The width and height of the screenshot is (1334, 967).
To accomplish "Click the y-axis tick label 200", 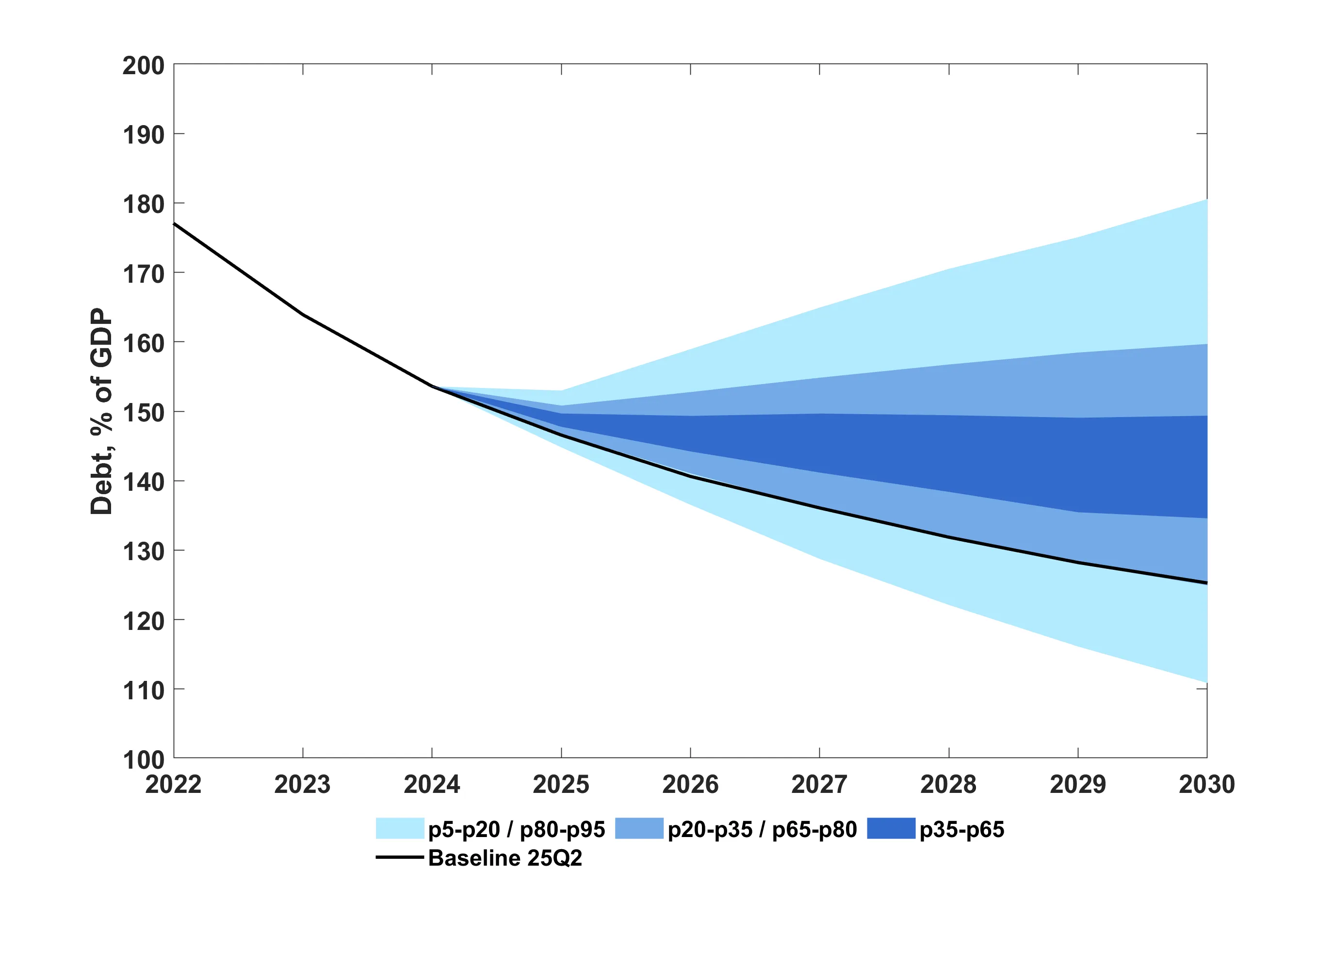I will point(143,66).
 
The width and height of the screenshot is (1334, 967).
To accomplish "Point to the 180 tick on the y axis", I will point(143,205).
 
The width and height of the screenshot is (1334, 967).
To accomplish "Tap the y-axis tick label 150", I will point(143,413).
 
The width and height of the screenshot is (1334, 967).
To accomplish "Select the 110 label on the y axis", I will point(143,690).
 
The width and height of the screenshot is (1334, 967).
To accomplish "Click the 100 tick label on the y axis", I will point(143,759).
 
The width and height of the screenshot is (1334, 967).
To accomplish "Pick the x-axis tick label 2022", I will point(174,784).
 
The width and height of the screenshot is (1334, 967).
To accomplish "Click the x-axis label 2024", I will point(432,784).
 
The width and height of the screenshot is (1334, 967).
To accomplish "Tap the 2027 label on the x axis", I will point(819,784).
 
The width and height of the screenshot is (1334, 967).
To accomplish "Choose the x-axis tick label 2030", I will point(1206,784).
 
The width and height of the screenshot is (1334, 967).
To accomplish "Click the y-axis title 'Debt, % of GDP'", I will point(101,412).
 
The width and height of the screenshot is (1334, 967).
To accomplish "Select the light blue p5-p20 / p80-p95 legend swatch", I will point(400,828).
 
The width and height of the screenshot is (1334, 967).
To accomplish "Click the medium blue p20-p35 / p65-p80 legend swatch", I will point(639,828).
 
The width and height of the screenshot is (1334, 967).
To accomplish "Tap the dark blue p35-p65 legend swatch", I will point(891,828).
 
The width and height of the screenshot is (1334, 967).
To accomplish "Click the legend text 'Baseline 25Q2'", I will point(504,858).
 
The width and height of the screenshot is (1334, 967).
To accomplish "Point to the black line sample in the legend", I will point(400,857).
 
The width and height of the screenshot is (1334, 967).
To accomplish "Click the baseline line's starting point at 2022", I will point(174,224).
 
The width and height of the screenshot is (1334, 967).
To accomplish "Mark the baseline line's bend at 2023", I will point(303,315).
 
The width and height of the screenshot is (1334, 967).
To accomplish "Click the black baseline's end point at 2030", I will point(1206,583).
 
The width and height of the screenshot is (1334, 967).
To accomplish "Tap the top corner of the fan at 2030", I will point(1206,200).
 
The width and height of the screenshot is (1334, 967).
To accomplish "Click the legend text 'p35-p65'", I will point(961,829).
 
